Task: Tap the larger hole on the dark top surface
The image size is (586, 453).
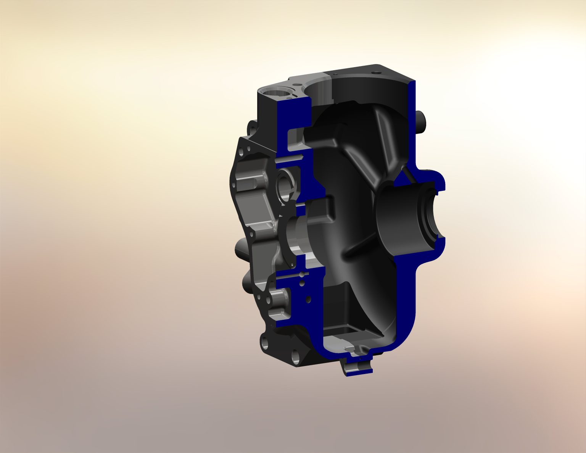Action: pyautogui.click(x=376, y=72)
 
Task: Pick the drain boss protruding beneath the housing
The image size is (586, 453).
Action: pyautogui.click(x=357, y=366)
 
